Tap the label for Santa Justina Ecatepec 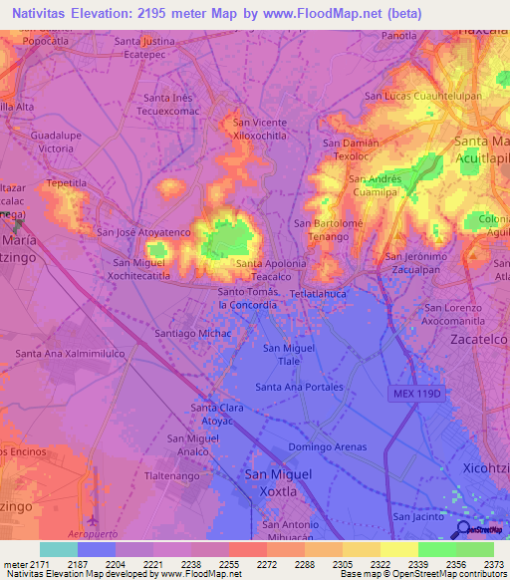click(x=152, y=48)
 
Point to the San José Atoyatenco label click(x=142, y=232)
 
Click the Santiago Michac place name click(x=192, y=332)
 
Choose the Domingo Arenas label click(x=328, y=446)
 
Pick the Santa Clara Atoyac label click(x=218, y=413)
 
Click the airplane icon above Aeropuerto click(x=94, y=520)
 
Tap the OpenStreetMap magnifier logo click(x=463, y=529)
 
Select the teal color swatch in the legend click(x=59, y=549)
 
